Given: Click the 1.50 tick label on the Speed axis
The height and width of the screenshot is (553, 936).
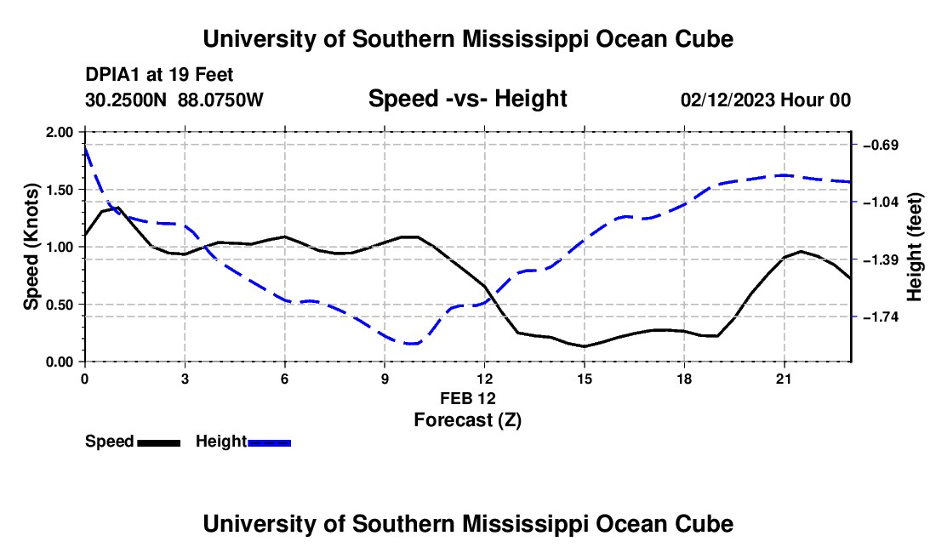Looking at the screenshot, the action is click(59, 190).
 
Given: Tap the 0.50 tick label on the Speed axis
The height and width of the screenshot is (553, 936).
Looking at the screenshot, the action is click(59, 305).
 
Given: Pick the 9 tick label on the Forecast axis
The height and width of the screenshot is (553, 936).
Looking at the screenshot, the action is click(385, 379).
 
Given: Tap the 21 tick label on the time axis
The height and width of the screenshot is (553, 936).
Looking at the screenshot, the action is click(784, 379).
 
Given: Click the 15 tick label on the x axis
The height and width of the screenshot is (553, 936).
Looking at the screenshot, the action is click(585, 379).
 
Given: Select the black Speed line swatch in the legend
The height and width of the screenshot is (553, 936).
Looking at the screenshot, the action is click(159, 443).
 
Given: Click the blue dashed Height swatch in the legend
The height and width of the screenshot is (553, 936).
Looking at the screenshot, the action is click(269, 443).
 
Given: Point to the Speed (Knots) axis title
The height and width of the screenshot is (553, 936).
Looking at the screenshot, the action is click(31, 247).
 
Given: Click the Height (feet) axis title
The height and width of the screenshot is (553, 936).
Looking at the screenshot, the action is click(914, 247).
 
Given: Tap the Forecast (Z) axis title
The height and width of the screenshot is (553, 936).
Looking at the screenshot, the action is click(468, 420).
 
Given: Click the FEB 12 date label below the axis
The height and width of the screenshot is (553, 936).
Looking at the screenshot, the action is click(468, 398).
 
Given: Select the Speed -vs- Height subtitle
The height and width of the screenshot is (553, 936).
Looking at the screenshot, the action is click(467, 99).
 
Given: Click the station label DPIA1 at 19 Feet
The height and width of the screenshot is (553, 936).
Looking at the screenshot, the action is click(159, 75).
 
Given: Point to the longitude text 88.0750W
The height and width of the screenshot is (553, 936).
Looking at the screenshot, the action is click(220, 100).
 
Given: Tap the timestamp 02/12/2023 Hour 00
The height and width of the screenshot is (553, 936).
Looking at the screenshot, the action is click(766, 100).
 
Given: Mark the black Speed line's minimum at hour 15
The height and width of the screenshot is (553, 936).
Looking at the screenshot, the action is click(585, 346).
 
